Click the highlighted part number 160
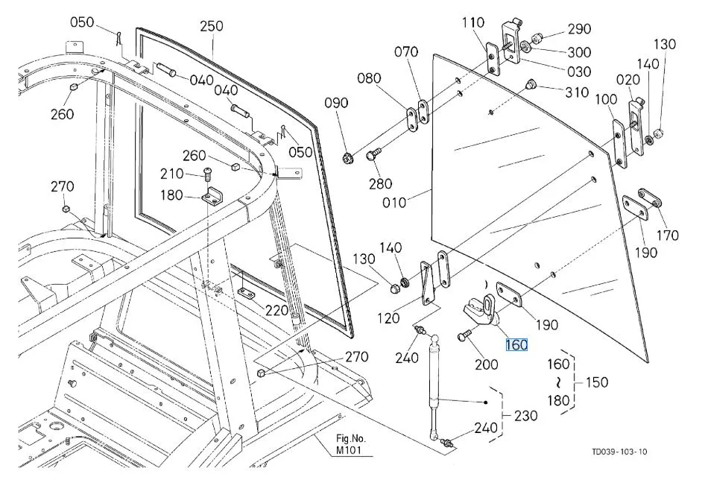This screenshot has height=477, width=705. pyautogui.click(x=516, y=345)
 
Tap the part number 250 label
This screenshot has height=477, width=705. pyautogui.click(x=212, y=25)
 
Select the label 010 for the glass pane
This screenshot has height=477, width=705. pyautogui.click(x=394, y=203)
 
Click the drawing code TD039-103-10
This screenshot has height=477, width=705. pyautogui.click(x=619, y=452)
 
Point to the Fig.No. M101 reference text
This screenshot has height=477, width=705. pyautogui.click(x=351, y=443)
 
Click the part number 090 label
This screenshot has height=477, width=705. pyautogui.click(x=336, y=103)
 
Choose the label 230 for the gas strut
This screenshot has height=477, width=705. pyautogui.click(x=525, y=415)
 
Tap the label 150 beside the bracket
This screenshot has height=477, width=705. pyautogui.click(x=597, y=382)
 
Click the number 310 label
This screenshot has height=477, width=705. pyautogui.click(x=577, y=92)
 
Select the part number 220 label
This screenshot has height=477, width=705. pyautogui.click(x=276, y=310)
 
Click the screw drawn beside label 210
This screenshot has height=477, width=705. pyautogui.click(x=207, y=174)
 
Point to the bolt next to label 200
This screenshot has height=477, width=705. pyautogui.click(x=464, y=335)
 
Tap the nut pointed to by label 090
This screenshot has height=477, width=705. pyautogui.click(x=347, y=158)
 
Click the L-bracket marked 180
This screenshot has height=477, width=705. pyautogui.click(x=212, y=197)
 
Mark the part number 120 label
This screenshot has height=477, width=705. pyautogui.click(x=388, y=318)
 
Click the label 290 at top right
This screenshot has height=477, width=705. pyautogui.click(x=579, y=29)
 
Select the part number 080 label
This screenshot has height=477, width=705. pyautogui.click(x=369, y=78)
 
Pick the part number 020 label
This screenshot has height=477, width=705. pyautogui.click(x=628, y=80)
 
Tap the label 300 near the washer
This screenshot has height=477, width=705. pyautogui.click(x=579, y=52)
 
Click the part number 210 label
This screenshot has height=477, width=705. pyautogui.click(x=171, y=174)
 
